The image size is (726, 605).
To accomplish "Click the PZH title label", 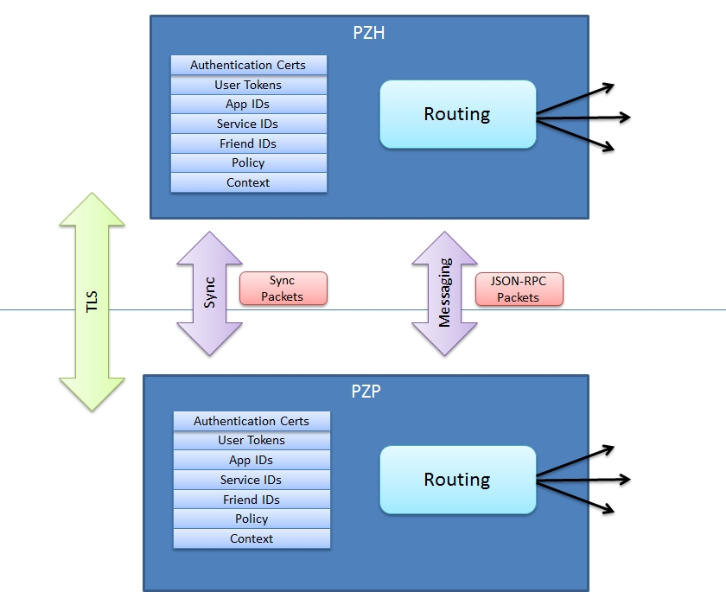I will [x=369, y=34].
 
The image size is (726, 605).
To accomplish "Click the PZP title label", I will [x=366, y=391].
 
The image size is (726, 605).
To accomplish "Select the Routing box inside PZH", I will [x=457, y=114].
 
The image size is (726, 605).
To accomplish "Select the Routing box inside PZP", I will [x=457, y=480].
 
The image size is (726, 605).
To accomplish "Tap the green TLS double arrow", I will [x=92, y=300].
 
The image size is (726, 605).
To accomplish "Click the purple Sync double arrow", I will [x=209, y=293].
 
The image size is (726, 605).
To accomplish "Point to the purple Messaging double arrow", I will [x=444, y=293].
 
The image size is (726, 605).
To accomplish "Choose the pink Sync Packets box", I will [x=283, y=289].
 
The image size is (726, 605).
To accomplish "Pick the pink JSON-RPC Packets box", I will [x=519, y=289].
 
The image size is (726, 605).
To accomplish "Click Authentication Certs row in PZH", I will [x=248, y=66].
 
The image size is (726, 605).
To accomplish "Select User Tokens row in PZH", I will [x=248, y=85].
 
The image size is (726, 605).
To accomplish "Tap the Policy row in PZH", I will [x=248, y=162].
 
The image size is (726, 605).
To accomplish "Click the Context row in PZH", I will [x=248, y=182].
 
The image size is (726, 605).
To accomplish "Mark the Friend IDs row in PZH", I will [x=248, y=143].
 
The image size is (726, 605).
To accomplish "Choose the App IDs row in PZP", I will [x=252, y=460].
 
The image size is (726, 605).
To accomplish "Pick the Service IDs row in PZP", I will [x=252, y=480].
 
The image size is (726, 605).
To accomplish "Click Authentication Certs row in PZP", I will [x=252, y=421].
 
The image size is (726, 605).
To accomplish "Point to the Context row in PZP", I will [x=252, y=538].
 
